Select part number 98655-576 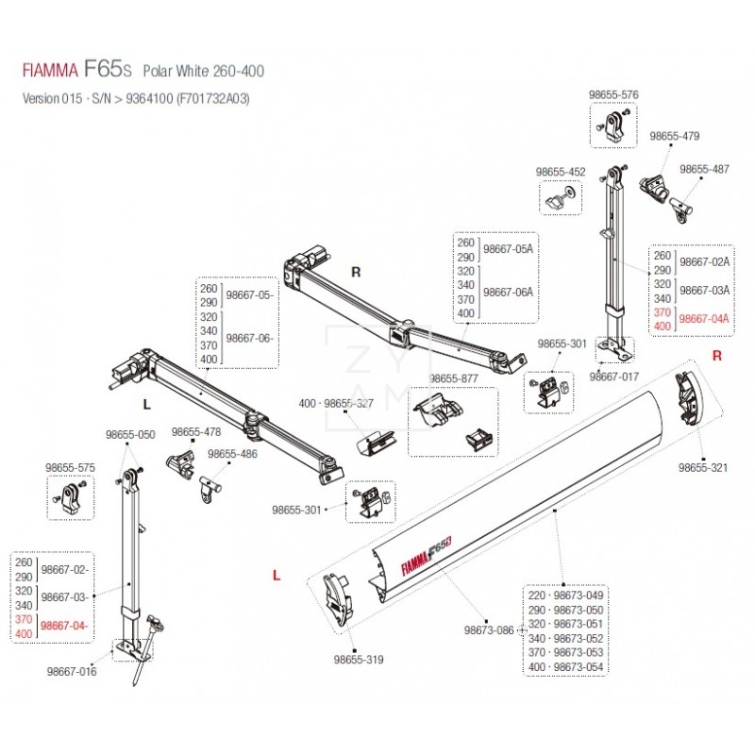tap(613, 94)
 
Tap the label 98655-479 tap(675, 136)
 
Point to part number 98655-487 tap(705, 169)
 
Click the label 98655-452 tap(561, 172)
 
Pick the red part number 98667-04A tap(704, 319)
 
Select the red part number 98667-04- tap(66, 625)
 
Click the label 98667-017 tap(614, 376)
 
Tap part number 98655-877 tap(455, 378)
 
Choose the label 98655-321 tap(704, 467)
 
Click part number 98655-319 tap(359, 660)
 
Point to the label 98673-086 tap(487, 629)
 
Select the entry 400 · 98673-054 tap(566, 667)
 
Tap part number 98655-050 tap(130, 435)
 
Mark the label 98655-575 tap(70, 467)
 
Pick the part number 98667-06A tap(508, 293)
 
